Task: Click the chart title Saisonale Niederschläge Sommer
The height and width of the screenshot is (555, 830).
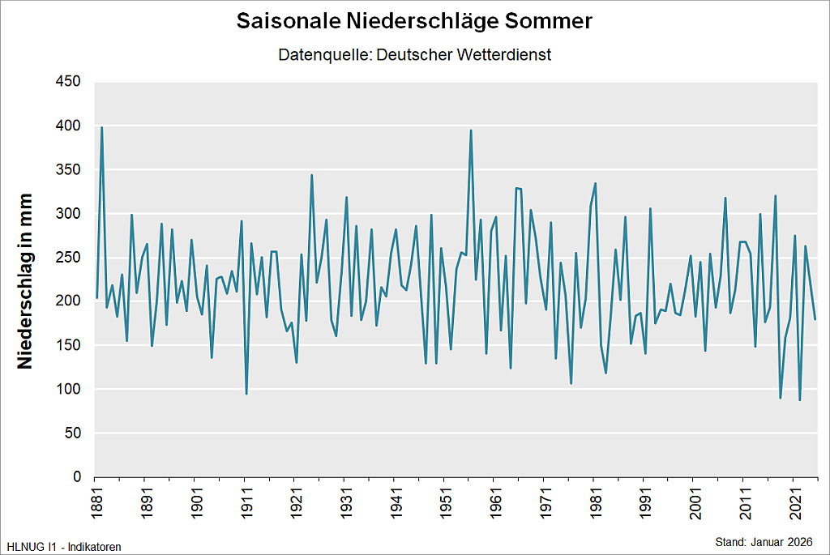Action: (x=414, y=22)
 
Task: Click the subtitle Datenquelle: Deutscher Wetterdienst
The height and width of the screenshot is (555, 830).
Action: (x=414, y=55)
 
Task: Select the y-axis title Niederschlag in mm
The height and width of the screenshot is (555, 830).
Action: (x=26, y=281)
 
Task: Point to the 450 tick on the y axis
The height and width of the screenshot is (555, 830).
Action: (x=68, y=82)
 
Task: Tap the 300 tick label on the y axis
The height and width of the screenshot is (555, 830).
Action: (x=68, y=214)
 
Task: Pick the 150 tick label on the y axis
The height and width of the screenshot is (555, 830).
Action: (x=68, y=345)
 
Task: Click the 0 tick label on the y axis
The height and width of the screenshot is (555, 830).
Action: (x=77, y=477)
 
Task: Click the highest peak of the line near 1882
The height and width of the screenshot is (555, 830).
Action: (x=101, y=127)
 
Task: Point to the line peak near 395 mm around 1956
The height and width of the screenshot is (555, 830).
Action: (x=471, y=130)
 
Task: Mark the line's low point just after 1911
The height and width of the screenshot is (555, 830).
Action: (x=246, y=394)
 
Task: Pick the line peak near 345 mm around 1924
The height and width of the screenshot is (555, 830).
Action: (x=311, y=175)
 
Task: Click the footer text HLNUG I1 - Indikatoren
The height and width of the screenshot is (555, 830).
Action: (x=64, y=547)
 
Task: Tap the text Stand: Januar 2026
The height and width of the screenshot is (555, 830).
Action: (x=763, y=541)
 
